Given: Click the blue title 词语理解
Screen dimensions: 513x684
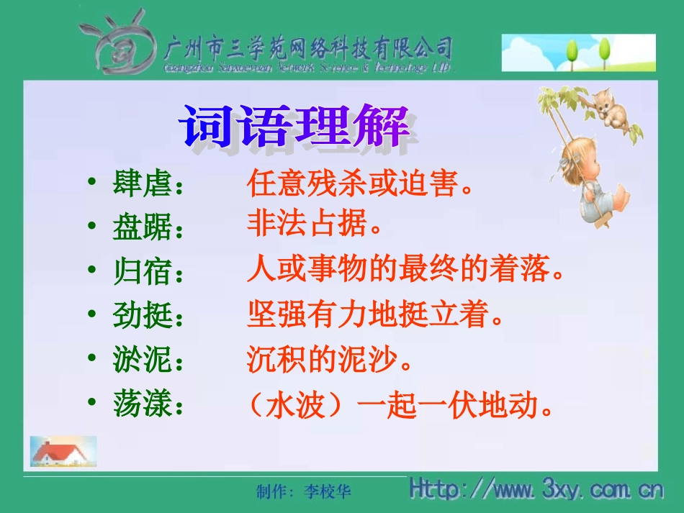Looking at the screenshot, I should pos(295,127).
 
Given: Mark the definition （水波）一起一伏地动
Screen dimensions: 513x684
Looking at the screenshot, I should pos(400,407).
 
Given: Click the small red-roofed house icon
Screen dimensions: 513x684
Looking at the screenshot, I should pos(63,451).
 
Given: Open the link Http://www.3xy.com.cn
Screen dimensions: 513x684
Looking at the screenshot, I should pos(536,490).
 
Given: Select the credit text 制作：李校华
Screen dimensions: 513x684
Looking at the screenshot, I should pos(304,491).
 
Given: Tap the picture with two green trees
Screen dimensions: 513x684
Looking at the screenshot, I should pos(578,53).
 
